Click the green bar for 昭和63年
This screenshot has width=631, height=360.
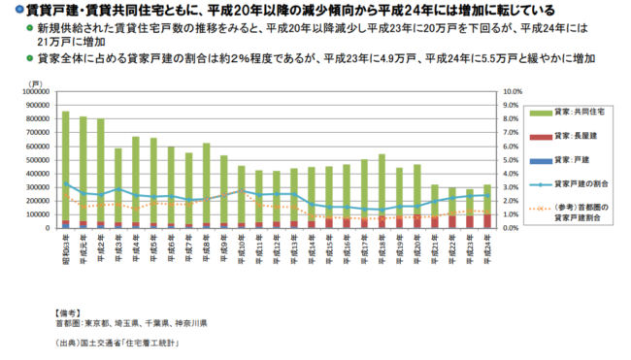pos(66,165)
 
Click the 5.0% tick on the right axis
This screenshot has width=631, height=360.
pos(511,160)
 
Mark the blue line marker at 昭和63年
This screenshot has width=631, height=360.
pos(66,183)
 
